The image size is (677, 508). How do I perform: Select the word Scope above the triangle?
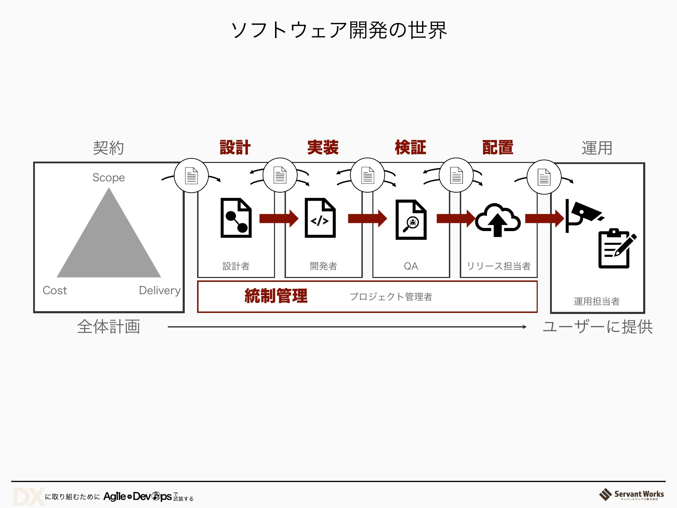pyautogui.click(x=109, y=177)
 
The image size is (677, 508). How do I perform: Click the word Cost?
pyautogui.click(x=55, y=290)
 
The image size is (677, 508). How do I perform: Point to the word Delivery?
pyautogui.click(x=160, y=290)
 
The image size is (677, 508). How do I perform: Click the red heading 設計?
pyautogui.click(x=235, y=147)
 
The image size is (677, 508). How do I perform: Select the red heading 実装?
pyautogui.click(x=323, y=147)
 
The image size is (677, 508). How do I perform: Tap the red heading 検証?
pyautogui.click(x=410, y=147)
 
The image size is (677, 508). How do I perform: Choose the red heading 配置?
pyautogui.click(x=498, y=147)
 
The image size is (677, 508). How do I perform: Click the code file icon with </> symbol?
pyautogui.click(x=320, y=218)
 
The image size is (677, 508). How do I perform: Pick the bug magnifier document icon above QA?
pyautogui.click(x=411, y=220)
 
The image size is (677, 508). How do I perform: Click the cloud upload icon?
pyautogui.click(x=498, y=219)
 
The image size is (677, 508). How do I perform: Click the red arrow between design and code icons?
pyautogui.click(x=279, y=218)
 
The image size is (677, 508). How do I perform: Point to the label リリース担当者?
pyautogui.click(x=499, y=266)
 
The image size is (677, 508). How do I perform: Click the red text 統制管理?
pyautogui.click(x=276, y=296)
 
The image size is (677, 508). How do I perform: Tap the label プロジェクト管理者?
pyautogui.click(x=391, y=297)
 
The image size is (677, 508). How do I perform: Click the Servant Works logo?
pyautogui.click(x=632, y=495)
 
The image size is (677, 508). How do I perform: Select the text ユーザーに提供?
pyautogui.click(x=598, y=327)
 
